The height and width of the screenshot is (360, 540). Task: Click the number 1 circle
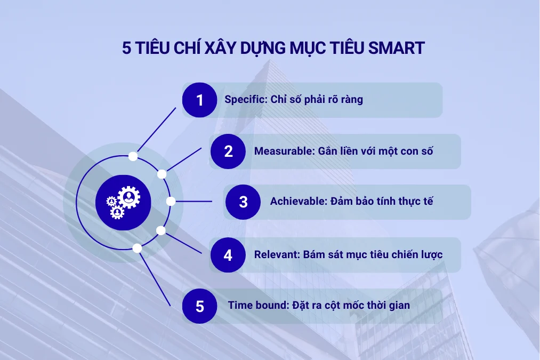coord(200,100)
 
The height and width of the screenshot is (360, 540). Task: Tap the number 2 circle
coord(228,151)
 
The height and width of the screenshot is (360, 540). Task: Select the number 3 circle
coord(243,202)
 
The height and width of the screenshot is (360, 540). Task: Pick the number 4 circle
coord(228,255)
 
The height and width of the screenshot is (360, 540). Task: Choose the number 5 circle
coord(200,306)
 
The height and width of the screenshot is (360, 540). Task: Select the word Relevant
coord(275,254)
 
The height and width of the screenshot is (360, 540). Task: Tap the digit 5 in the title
coord(127,48)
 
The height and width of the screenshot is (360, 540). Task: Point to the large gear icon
coord(128,197)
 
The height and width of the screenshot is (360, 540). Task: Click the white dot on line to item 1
coord(133,156)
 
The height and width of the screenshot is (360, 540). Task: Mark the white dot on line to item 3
coord(171,202)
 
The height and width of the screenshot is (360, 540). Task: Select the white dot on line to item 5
coord(137,248)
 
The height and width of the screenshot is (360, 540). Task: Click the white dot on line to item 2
coord(162,174)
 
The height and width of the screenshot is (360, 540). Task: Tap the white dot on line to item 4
coord(161,230)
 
